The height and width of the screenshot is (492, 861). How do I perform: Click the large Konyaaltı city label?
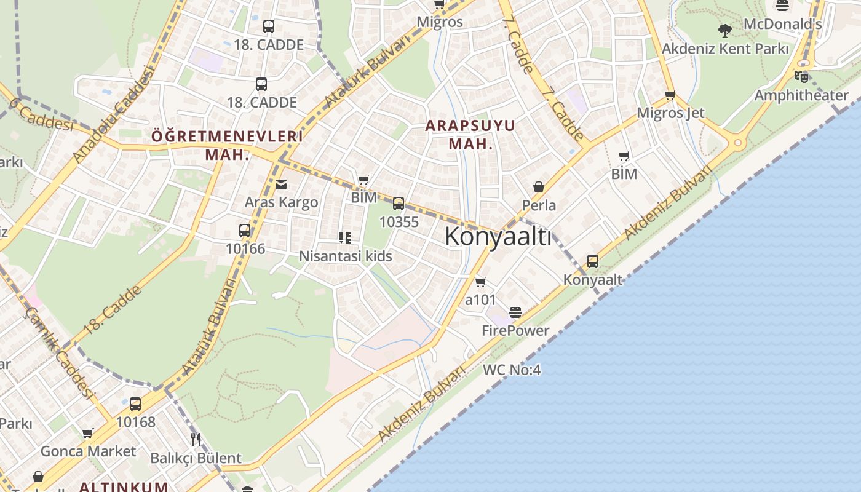coord(498,236)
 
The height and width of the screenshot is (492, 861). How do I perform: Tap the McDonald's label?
coord(782,24)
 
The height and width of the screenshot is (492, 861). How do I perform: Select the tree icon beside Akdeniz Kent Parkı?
coord(725,30)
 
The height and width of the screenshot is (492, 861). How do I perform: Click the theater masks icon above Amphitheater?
coord(801,77)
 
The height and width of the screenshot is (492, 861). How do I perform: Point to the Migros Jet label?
coord(670,113)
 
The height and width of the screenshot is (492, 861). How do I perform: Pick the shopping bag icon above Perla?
coord(539,186)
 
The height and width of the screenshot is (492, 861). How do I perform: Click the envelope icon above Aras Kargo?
coord(281,184)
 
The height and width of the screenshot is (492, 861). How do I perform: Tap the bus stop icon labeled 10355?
coord(399,203)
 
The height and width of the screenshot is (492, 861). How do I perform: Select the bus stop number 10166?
coord(245,248)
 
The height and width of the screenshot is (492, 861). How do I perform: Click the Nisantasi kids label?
coord(345,256)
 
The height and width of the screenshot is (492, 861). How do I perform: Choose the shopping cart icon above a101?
coord(480,282)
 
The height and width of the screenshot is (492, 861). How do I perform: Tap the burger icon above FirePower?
coord(515,312)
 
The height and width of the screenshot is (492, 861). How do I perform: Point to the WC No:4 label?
coord(511,370)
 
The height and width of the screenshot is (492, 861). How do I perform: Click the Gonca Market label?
coord(88,451)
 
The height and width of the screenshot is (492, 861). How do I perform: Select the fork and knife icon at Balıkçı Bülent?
coord(196,439)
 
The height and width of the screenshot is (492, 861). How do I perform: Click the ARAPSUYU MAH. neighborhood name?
coord(470,135)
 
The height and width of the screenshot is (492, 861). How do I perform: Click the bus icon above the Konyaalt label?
coord(592,261)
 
